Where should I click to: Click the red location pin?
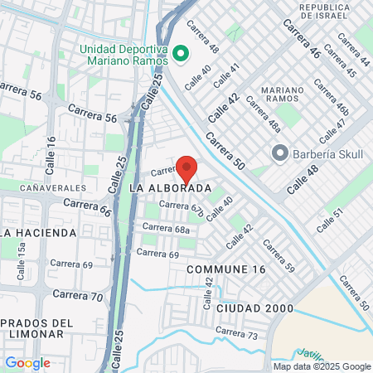pyautogui.click(x=186, y=167)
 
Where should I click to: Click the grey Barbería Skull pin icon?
pyautogui.click(x=279, y=153)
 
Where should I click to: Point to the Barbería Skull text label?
pyautogui.click(x=324, y=153)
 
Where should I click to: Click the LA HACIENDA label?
pyautogui.click(x=37, y=233)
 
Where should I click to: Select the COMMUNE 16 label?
pyautogui.click(x=226, y=270)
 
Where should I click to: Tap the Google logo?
pyautogui.click(x=27, y=362)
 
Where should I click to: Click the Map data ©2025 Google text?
pyautogui.click(x=322, y=366)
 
